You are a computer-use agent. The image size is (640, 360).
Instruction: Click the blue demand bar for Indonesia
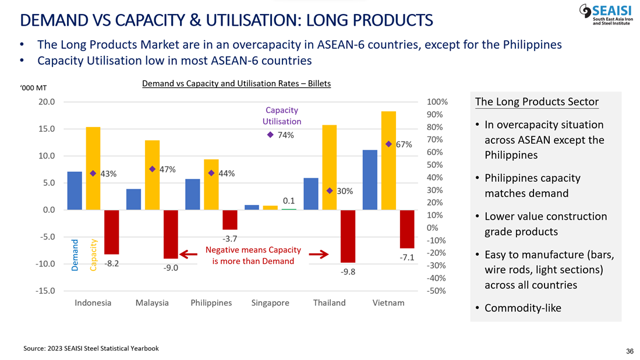point(75,190)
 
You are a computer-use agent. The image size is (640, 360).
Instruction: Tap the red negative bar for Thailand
point(348,236)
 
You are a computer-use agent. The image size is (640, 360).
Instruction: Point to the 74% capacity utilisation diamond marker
point(270,135)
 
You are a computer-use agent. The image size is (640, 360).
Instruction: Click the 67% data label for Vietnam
point(404,144)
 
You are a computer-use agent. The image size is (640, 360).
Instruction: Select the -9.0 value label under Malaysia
point(171,268)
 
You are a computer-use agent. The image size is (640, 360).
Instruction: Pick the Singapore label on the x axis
point(270,303)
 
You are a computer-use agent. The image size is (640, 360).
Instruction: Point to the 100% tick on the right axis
point(437,102)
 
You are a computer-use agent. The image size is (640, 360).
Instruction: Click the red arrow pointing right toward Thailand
point(319,254)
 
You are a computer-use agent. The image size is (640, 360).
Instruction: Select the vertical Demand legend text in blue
point(75,254)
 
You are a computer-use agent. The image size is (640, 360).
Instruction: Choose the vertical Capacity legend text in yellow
point(93,254)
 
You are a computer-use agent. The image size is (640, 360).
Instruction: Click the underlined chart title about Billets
point(236,84)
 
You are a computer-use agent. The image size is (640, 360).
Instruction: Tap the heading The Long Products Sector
point(536,102)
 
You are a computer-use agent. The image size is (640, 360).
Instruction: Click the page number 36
point(630,351)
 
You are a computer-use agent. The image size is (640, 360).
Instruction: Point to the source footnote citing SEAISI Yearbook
point(91,348)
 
